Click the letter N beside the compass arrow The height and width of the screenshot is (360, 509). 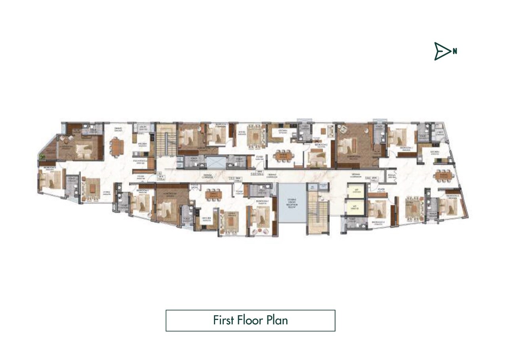coord(455,51)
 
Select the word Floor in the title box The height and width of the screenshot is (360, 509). coord(250,320)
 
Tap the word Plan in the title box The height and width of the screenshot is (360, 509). coord(277,320)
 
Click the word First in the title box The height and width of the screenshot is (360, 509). coord(224,320)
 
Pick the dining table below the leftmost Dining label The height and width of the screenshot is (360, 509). coord(116,146)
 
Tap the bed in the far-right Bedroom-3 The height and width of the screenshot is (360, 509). coord(448,206)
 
